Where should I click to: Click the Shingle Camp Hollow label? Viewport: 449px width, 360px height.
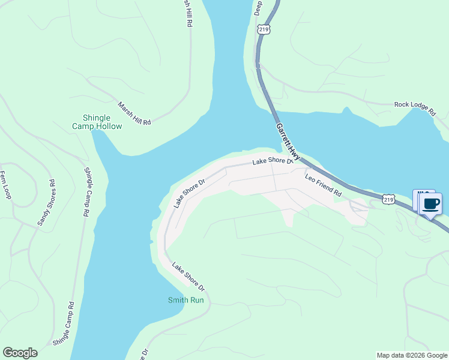[97, 122]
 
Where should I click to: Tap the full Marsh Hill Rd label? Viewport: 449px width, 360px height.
[134, 113]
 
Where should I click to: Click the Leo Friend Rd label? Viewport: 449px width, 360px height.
[323, 185]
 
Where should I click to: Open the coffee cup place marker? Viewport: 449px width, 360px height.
[430, 204]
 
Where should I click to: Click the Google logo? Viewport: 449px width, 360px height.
[20, 353]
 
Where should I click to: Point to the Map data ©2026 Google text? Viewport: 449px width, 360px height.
[412, 355]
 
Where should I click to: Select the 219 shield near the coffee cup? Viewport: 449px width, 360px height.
[389, 199]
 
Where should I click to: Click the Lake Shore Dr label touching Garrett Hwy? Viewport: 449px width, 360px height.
[273, 161]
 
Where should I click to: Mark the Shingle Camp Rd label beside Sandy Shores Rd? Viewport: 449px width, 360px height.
[87, 191]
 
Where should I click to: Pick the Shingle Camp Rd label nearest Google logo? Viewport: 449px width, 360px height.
[62, 324]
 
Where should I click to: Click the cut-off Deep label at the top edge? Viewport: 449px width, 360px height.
[259, 7]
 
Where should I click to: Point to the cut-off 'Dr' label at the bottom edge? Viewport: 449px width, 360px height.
[145, 354]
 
